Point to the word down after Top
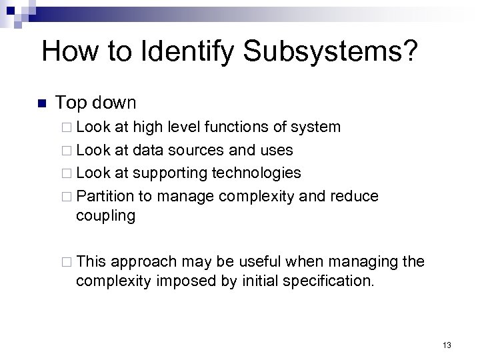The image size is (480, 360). click(115, 103)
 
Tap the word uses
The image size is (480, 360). click(275, 150)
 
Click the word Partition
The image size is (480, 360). click(103, 197)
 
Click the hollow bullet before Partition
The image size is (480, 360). click(65, 197)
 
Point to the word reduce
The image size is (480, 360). click(353, 197)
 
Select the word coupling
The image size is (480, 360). click(106, 217)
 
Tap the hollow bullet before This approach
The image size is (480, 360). click(65, 262)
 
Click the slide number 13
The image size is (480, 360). click(447, 345)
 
